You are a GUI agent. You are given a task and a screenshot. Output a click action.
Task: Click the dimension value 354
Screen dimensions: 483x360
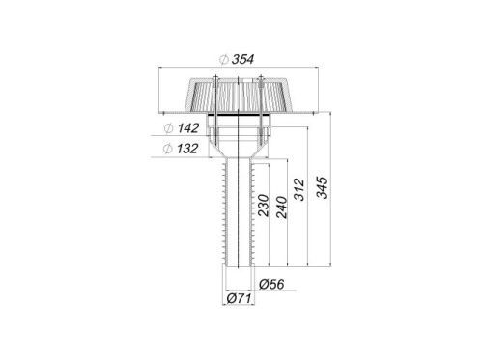[242, 59]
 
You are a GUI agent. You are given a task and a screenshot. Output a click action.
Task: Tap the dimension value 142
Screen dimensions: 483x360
[188, 128]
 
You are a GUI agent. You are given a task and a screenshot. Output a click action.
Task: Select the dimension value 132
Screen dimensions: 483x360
[187, 149]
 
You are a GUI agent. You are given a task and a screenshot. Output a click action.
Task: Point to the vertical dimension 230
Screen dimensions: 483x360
[264, 206]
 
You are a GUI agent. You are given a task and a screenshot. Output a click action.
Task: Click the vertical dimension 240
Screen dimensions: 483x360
[281, 208]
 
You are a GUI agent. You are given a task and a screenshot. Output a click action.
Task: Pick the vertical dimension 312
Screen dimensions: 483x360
[299, 189]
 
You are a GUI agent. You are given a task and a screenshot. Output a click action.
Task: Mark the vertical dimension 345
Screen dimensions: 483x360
[322, 187]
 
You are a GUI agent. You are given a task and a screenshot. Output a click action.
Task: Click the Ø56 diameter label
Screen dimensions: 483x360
[271, 284]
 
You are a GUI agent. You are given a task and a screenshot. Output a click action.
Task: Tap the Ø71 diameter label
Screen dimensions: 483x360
[239, 298]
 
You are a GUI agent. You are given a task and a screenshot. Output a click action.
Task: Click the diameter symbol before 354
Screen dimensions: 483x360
[224, 60]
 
